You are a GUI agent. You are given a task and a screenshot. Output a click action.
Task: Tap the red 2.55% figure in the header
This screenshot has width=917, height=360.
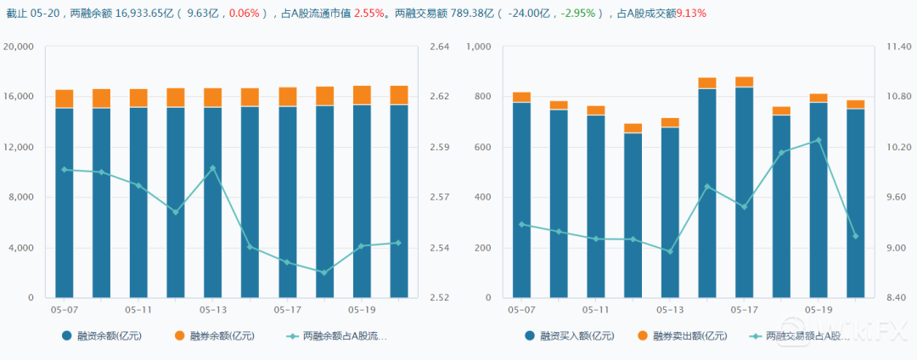coord(368,14)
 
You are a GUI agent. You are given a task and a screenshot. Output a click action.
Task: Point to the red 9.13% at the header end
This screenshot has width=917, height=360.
coord(690,14)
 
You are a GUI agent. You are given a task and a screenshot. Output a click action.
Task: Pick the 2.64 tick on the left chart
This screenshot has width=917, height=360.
coord(440,47)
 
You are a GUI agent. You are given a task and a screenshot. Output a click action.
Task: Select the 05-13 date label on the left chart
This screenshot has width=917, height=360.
coord(212,311)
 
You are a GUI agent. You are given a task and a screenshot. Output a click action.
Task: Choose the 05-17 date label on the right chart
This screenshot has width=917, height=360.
coord(744,311)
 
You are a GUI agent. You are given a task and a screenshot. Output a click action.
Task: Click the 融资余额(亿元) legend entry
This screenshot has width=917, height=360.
coord(102,336)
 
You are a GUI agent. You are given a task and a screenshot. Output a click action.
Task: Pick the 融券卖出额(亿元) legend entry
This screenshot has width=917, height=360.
coord(683,336)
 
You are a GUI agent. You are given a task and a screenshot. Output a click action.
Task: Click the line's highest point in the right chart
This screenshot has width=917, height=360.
coord(819,140)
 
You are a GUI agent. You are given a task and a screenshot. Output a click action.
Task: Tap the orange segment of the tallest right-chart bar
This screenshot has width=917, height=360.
coord(744,82)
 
